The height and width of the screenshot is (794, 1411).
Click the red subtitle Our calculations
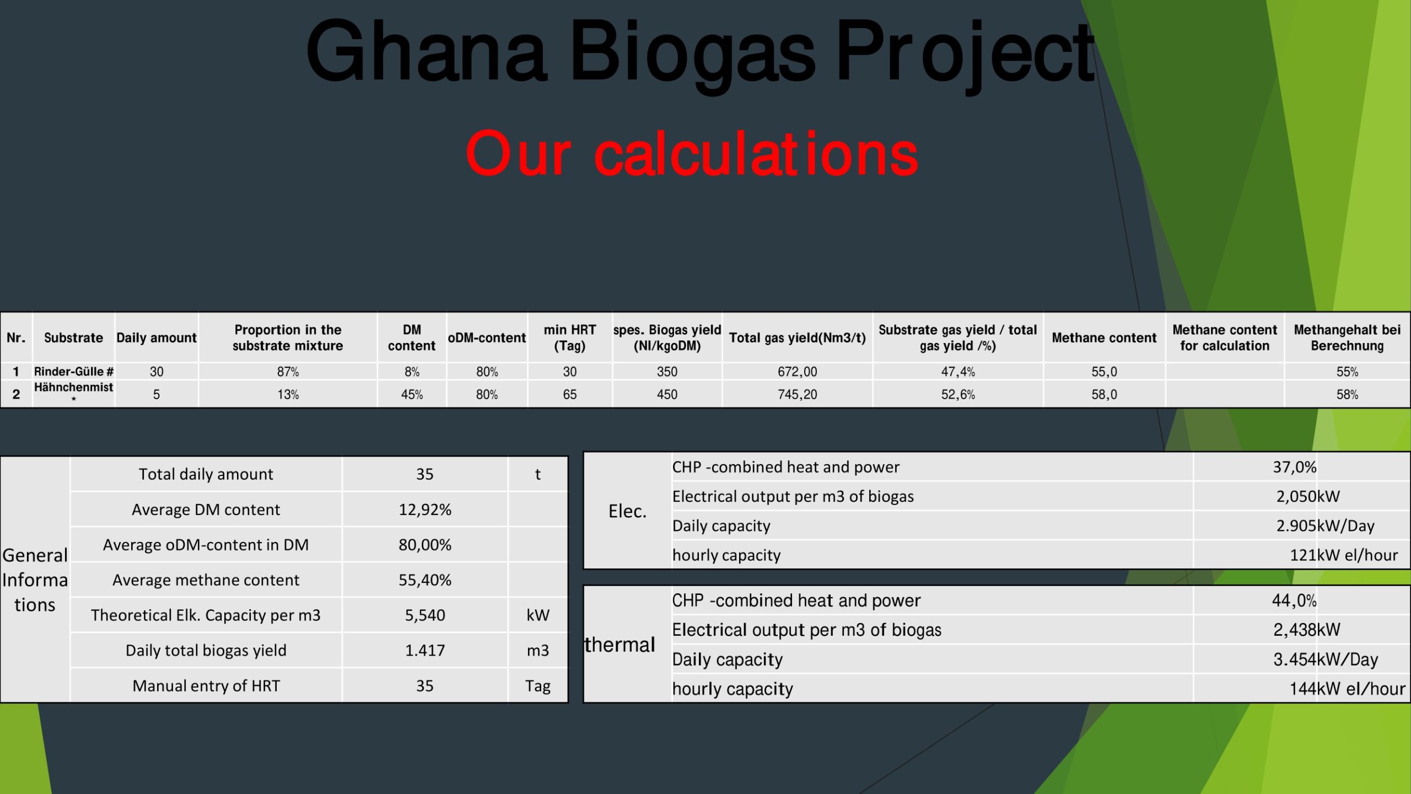point(692,154)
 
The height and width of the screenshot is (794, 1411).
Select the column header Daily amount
point(157,337)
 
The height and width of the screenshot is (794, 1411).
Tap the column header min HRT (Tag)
point(570,337)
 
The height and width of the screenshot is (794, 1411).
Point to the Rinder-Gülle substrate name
point(74,372)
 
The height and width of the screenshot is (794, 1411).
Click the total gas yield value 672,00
point(798,372)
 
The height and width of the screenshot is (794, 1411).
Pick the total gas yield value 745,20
point(798,394)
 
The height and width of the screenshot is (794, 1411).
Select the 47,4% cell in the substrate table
point(958,372)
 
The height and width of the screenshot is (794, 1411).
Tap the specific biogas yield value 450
point(667,394)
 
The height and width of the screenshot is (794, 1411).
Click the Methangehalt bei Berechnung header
point(1347,337)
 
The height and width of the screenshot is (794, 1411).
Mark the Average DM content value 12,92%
point(425,509)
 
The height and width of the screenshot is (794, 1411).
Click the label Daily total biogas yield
point(206,651)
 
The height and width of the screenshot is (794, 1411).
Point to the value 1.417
point(425,651)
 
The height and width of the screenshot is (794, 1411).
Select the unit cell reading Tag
point(538,686)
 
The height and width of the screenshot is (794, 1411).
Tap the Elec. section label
point(627,511)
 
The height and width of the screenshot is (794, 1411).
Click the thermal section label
point(620,644)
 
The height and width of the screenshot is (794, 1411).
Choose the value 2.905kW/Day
point(1326,525)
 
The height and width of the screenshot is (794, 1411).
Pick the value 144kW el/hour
point(1348,689)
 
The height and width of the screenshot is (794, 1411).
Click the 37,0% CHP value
point(1295,467)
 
